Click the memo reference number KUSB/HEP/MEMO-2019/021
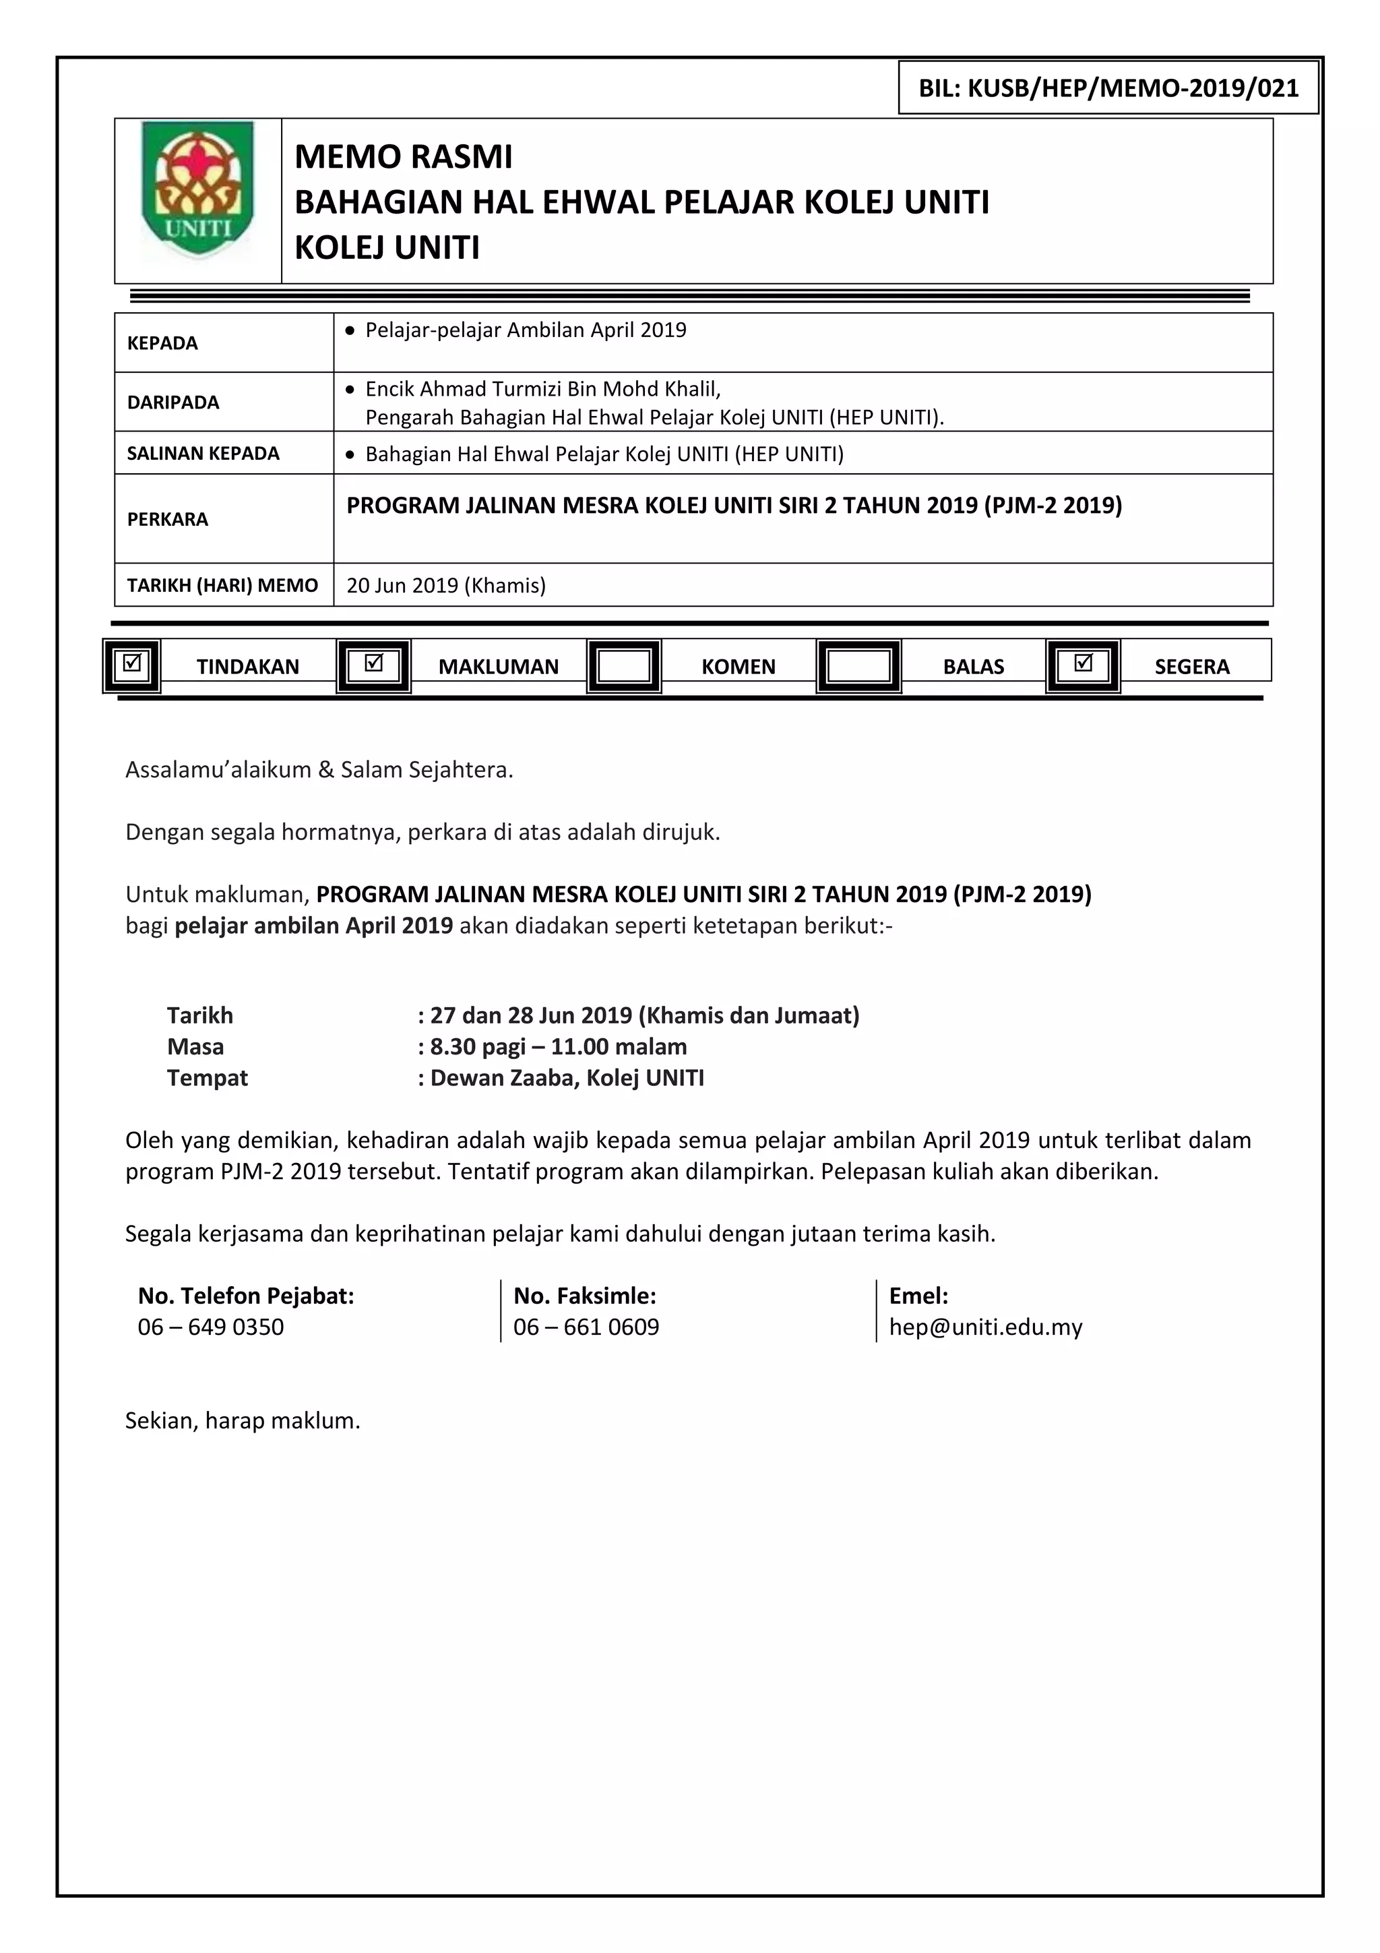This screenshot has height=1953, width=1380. (x=1108, y=88)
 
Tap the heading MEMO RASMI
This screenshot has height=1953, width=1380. (x=403, y=157)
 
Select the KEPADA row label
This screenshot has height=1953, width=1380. (x=162, y=342)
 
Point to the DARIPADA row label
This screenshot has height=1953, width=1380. (x=172, y=402)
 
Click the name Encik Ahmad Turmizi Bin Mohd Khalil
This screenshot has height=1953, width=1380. (x=542, y=389)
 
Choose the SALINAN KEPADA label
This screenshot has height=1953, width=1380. (x=203, y=454)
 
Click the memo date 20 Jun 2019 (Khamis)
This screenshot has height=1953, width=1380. (x=445, y=585)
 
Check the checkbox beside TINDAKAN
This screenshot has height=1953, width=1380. (x=132, y=664)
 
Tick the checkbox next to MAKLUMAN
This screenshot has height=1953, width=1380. (x=373, y=664)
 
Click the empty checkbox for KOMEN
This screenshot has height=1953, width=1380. (x=623, y=666)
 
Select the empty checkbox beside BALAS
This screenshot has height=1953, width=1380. (x=858, y=666)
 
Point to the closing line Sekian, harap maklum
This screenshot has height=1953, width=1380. (x=243, y=1420)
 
